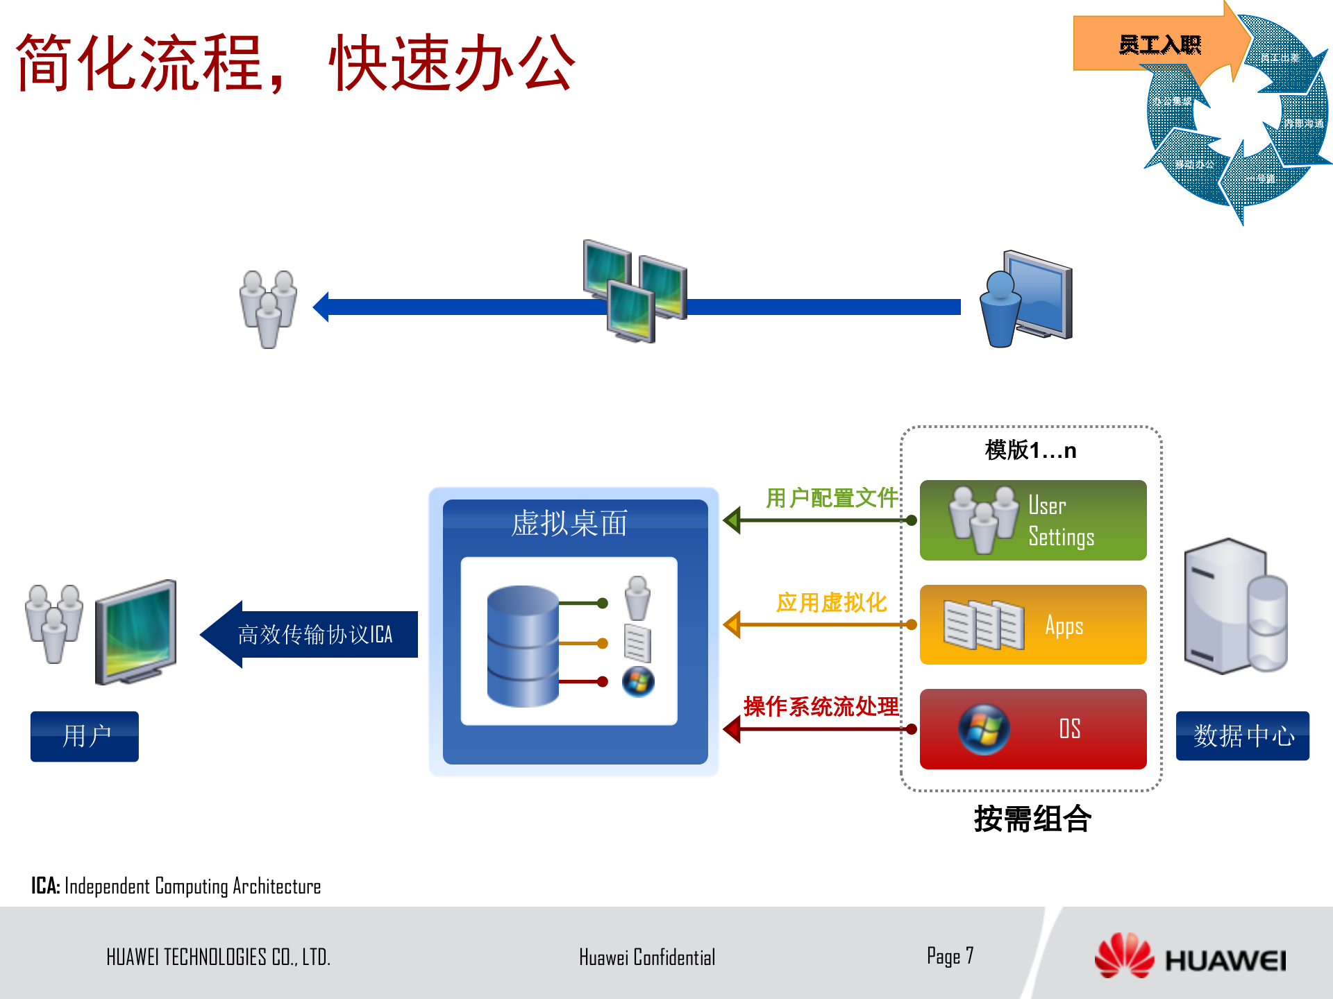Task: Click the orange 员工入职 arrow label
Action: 1159,45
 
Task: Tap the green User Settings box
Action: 1032,520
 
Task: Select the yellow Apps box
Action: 1032,624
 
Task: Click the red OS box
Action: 1032,728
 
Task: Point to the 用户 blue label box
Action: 85,736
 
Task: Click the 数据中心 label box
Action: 1242,735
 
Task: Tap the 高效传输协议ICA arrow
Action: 312,634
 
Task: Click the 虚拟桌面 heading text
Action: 569,523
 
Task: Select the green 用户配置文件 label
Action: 831,497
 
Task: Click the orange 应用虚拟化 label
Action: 831,602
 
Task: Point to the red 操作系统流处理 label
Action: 821,706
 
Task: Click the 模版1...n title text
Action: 1030,450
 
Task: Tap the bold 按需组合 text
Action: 1032,819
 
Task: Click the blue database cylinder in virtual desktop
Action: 522,645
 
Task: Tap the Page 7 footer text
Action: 950,956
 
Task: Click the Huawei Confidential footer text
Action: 646,957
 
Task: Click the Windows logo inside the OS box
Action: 984,729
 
